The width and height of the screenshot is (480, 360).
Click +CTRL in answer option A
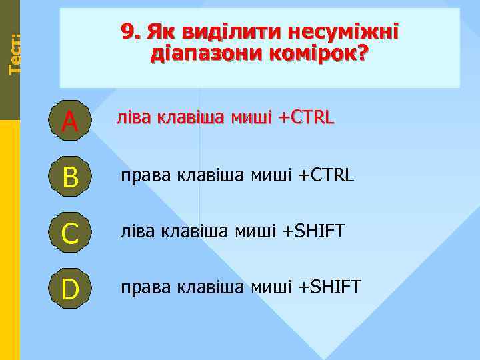click(305, 119)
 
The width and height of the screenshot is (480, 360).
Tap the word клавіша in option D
click(211, 287)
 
